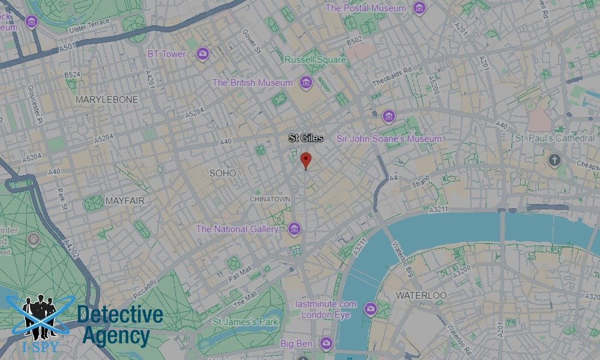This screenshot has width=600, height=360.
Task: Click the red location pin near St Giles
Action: pos(306,160)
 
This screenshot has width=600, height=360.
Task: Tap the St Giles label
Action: pos(306,138)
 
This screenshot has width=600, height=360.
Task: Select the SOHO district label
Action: pos(223,173)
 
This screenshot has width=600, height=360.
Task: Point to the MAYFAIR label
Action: pos(125,201)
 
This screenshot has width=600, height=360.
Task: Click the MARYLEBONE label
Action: pos(107,99)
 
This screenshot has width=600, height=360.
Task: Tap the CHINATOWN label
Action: pos(270,199)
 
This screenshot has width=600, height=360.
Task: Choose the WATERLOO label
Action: pos(421,296)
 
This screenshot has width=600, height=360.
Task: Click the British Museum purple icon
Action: pos(307,82)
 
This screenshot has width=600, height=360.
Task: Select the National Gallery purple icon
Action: pos(294,229)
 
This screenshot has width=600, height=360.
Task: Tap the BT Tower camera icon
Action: pos(203,53)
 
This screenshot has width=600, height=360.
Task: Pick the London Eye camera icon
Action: pos(370,309)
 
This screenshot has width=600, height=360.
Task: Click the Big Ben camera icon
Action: pos(326,343)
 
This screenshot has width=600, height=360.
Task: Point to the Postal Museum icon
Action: pos(419,8)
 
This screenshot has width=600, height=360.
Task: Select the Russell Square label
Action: pos(316,60)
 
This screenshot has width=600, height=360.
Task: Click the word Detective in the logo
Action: pos(120,314)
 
